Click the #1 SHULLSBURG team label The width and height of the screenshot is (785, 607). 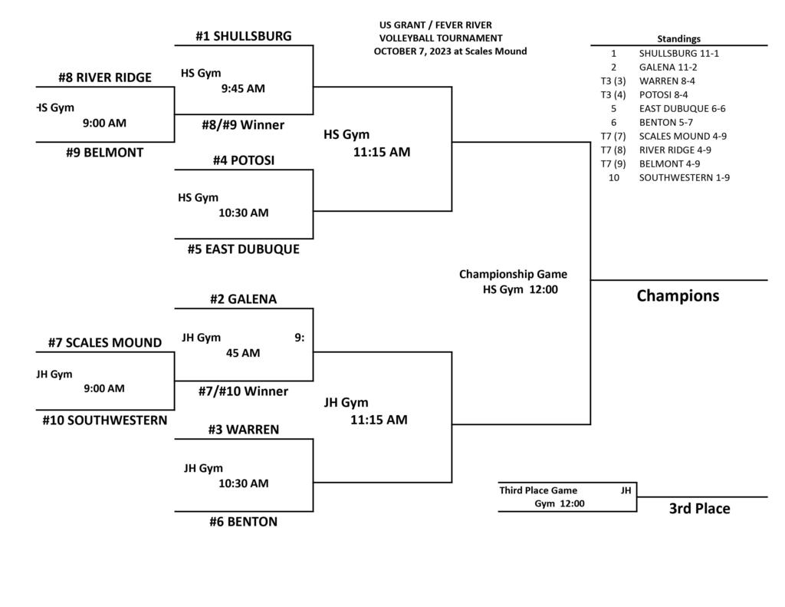click(x=243, y=36)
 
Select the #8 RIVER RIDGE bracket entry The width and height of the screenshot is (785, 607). click(x=104, y=78)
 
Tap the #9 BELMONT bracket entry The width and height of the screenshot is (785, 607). click(x=104, y=153)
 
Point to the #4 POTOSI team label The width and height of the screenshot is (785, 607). click(x=243, y=160)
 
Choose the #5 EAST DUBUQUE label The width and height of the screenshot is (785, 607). click(x=243, y=249)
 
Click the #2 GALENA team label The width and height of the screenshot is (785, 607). click(x=243, y=299)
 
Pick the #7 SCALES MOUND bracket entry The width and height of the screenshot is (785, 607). click(x=104, y=343)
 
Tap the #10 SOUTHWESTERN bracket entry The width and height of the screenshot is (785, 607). click(x=104, y=421)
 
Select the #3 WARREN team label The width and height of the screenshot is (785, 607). click(x=243, y=430)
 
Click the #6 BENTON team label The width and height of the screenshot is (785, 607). click(x=243, y=522)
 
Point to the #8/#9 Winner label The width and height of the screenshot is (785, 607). click(x=243, y=125)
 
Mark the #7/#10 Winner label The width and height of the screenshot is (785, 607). click(x=243, y=391)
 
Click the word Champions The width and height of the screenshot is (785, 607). click(x=678, y=296)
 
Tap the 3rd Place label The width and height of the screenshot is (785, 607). click(x=699, y=509)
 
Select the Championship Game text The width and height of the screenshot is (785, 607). click(x=513, y=274)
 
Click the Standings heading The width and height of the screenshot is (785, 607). click(x=678, y=39)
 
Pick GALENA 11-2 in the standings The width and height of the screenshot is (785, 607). click(x=668, y=68)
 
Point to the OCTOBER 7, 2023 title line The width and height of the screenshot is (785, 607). click(x=450, y=51)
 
